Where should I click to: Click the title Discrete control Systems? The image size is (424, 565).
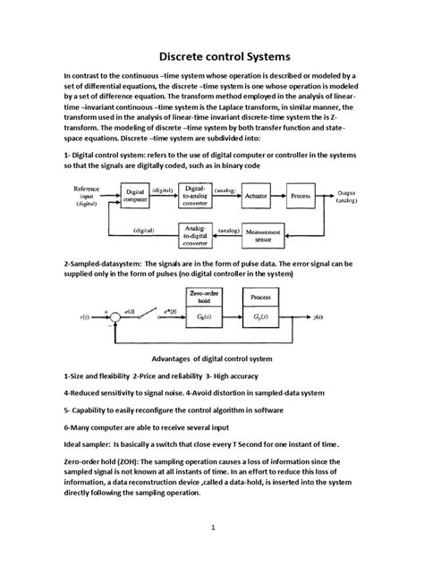[212, 54]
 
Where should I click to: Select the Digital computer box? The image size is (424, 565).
[136, 194]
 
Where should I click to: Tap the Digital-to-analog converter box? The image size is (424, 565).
[197, 194]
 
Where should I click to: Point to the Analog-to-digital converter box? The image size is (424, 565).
[196, 233]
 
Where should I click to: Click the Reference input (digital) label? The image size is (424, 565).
[86, 194]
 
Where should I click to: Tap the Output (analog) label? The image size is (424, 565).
[350, 194]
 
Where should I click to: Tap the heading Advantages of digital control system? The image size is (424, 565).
[213, 357]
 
